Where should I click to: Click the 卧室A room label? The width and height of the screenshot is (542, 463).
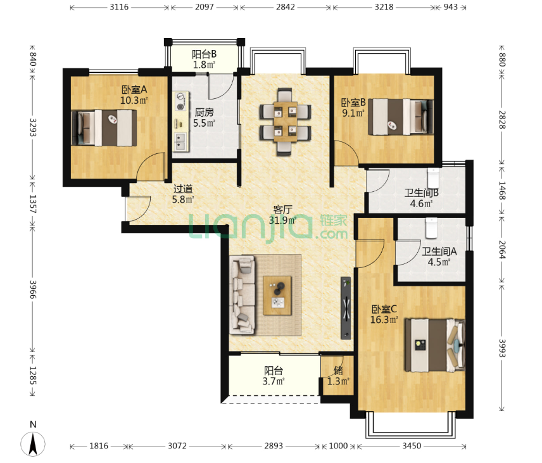(x=134, y=89)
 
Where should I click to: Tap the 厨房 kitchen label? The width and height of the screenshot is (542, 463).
(x=204, y=112)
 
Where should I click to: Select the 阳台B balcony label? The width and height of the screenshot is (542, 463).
(x=204, y=54)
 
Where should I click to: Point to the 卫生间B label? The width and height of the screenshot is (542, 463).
(x=421, y=193)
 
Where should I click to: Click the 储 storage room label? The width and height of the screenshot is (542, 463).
(x=338, y=371)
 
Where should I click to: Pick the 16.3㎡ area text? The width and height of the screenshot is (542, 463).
(x=384, y=320)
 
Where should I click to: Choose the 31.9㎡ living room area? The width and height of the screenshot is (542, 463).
(x=283, y=220)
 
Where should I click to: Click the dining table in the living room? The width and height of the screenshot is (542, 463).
(x=285, y=122)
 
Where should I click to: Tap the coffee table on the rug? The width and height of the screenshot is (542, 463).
(x=277, y=295)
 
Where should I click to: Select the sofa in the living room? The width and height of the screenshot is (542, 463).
(x=242, y=295)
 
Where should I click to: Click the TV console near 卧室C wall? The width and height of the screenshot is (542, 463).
(x=346, y=308)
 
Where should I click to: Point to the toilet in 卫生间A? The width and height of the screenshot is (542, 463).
(x=431, y=227)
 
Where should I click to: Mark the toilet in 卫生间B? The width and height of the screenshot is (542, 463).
(x=433, y=177)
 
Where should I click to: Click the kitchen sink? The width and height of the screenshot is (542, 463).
(x=180, y=142)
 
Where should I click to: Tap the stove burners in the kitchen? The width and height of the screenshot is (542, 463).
(x=180, y=101)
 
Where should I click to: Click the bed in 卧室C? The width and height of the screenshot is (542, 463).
(x=435, y=345)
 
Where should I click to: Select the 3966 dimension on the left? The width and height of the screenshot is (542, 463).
(x=33, y=289)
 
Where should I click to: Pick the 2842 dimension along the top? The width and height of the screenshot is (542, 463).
(x=285, y=7)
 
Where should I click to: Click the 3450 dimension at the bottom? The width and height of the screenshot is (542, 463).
(x=412, y=446)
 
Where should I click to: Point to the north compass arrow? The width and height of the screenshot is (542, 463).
(x=33, y=445)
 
